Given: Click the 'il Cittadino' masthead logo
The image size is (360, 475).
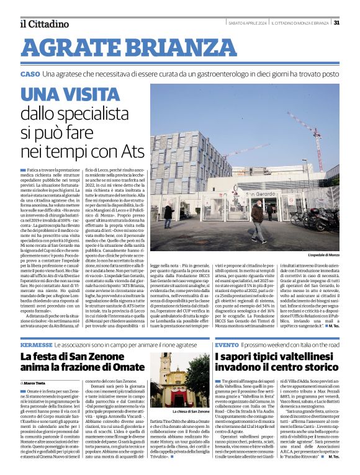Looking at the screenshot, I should click(x=44, y=24).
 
